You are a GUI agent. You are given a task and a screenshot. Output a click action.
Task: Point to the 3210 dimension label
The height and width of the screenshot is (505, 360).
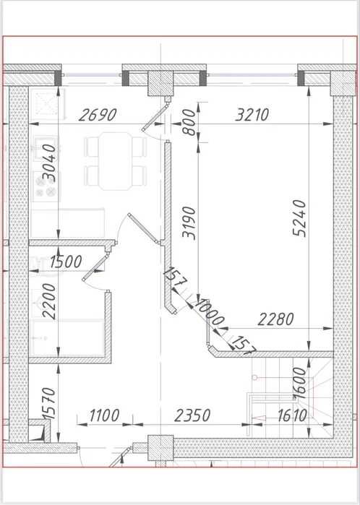coord(252,114)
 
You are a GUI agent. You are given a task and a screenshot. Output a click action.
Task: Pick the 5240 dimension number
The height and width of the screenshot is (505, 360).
coord(301,218)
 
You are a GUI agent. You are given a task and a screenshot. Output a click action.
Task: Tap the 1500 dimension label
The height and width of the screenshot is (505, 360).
coord(67,262)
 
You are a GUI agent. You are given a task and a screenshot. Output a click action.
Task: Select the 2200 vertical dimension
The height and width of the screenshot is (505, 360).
coord(48,301)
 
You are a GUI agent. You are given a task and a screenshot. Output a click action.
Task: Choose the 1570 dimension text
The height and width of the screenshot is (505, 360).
coord(48,402)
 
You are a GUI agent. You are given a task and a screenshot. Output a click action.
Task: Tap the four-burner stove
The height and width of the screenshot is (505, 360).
coord(46,188)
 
